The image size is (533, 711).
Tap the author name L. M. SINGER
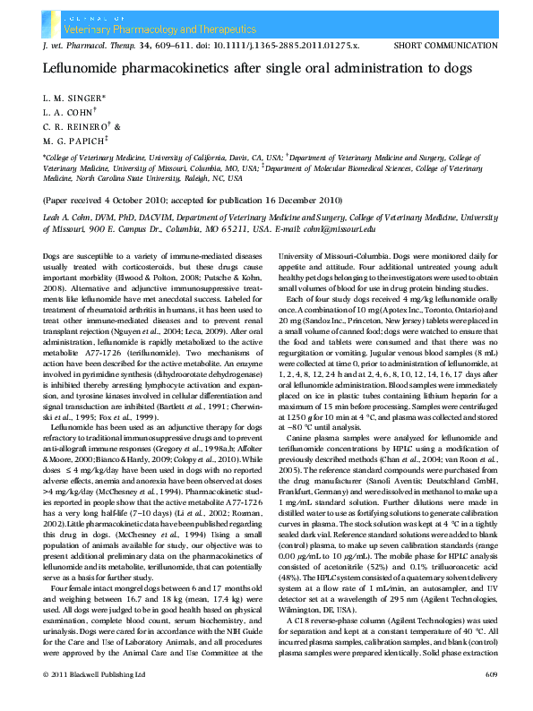pyautogui.click(x=73, y=97)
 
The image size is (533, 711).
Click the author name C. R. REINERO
pyautogui.click(x=77, y=125)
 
